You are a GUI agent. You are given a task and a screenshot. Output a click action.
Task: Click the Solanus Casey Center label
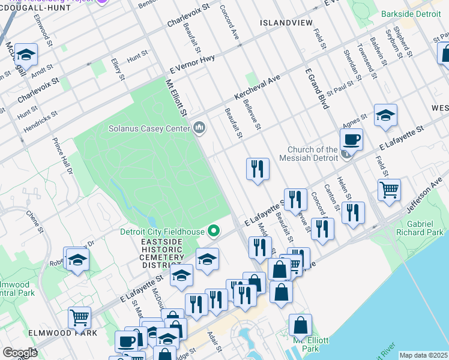[x=148, y=128]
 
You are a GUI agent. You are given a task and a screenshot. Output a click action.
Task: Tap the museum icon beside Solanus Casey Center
[x=199, y=128]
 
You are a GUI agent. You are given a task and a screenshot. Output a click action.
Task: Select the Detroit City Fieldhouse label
[x=165, y=231]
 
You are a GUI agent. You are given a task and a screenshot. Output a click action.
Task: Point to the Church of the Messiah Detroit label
[x=312, y=154]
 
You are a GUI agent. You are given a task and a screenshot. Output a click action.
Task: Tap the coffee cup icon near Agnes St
[x=351, y=140]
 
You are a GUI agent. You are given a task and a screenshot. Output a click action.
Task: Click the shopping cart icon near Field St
[x=390, y=190]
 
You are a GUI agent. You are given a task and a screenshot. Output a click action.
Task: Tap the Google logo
[x=20, y=353]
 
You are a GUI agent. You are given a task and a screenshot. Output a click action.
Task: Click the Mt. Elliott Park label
[x=310, y=344]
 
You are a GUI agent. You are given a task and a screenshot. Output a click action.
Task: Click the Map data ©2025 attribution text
[x=423, y=355]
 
